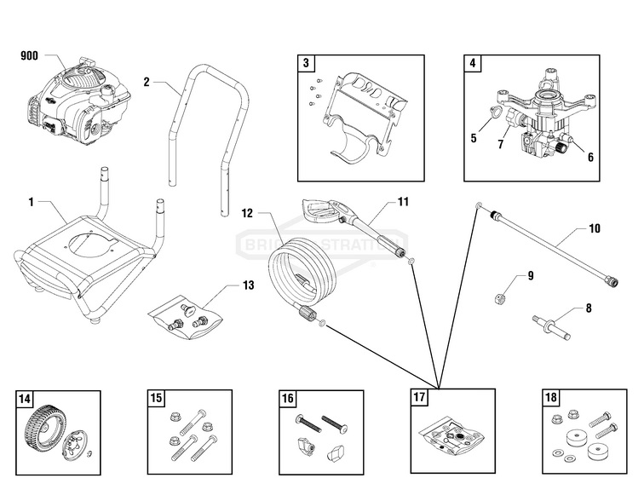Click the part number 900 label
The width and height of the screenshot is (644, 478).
point(29,56)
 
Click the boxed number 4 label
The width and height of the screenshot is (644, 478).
point(472,64)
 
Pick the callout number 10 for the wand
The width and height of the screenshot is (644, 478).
point(594,229)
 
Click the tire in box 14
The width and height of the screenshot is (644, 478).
point(37,421)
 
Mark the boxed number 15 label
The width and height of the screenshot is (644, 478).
point(156,398)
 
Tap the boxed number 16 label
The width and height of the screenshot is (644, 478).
point(288,398)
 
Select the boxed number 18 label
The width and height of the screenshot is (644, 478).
point(551,398)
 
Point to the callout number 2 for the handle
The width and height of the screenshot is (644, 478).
point(147,82)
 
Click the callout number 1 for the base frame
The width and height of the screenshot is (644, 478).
point(31,202)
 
